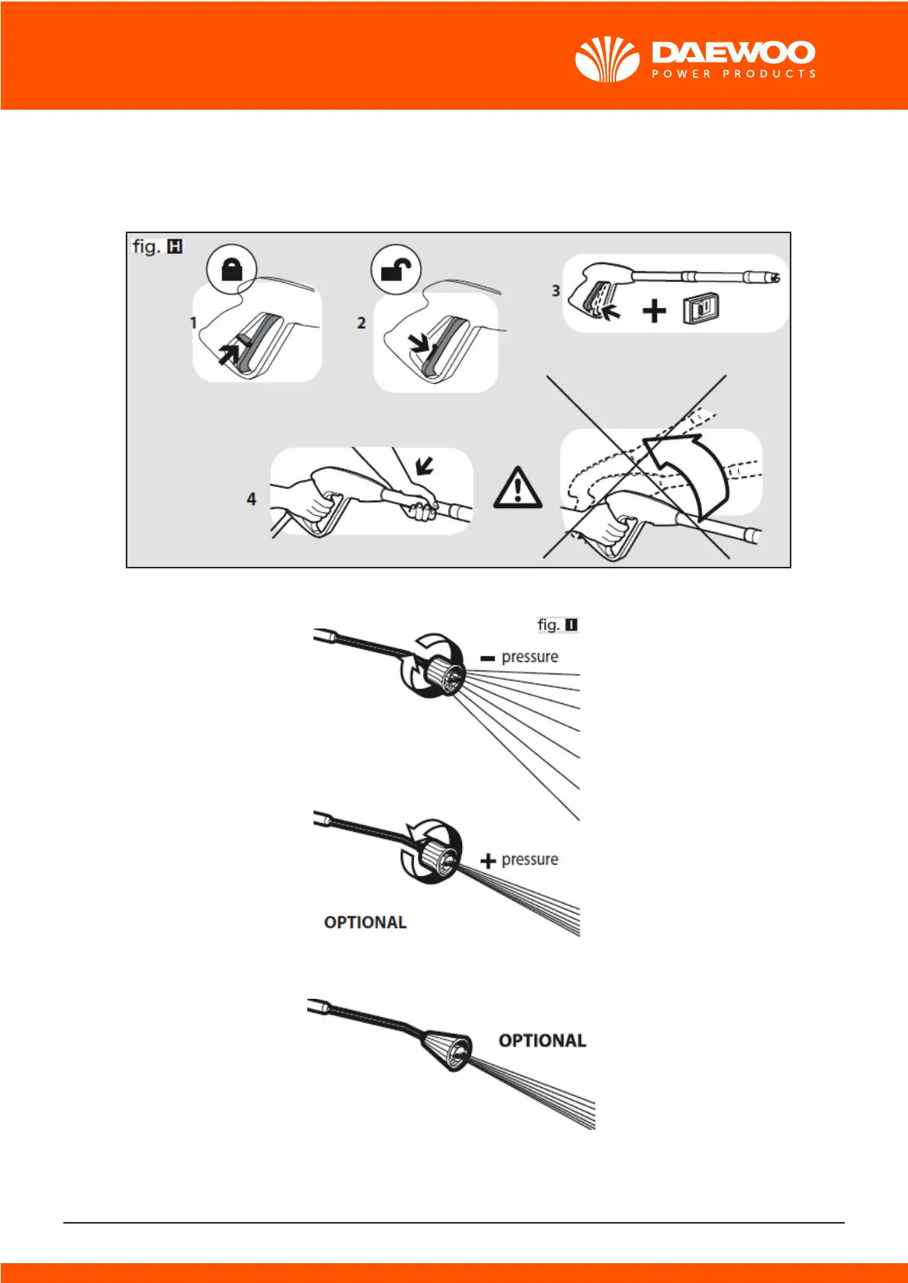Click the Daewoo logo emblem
point(607,59)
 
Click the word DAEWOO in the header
point(733,53)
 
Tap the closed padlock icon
point(232,269)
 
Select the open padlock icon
point(396,269)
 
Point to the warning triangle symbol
point(518,488)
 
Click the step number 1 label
point(194,323)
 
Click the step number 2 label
point(361,323)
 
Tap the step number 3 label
point(556,290)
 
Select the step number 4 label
point(252,499)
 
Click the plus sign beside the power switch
point(653,311)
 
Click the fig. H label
point(157,246)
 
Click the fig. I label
point(557,625)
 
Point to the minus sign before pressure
point(488,658)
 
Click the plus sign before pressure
point(488,862)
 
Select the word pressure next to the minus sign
point(530,657)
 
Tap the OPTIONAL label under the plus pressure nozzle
point(365,923)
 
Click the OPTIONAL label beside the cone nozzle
point(542,1041)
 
